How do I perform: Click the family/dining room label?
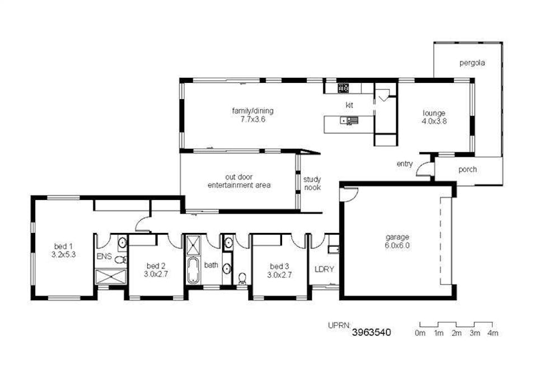pos(252,115)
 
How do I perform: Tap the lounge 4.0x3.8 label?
pos(434,116)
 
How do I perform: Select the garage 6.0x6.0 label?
pos(397,241)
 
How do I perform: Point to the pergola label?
pos(472,63)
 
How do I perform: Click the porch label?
pos(467,169)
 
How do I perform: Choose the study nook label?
pos(312,184)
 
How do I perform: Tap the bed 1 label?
pos(63,250)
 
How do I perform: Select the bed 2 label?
pos(156,269)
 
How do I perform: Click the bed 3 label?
pos(280,270)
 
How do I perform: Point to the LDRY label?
pos(324,269)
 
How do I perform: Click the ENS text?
pos(104,256)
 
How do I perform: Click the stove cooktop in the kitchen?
pos(343,88)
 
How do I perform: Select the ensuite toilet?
pos(120,259)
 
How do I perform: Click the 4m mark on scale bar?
pos(492,333)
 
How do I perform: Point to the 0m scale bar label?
pos(420,333)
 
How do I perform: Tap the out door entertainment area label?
pos(239,180)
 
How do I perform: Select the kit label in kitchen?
pos(349,105)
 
